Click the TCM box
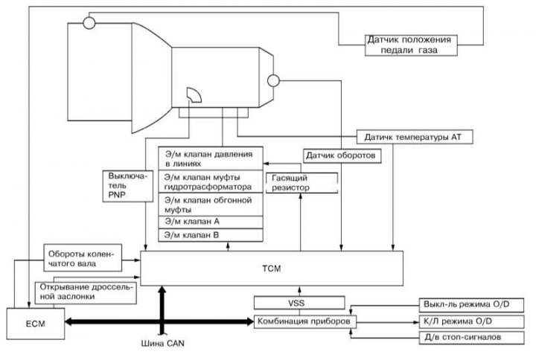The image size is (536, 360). (x=272, y=269)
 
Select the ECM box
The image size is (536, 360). (x=36, y=324)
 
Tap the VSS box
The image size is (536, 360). (x=299, y=303)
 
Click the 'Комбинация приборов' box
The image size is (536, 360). (x=305, y=321)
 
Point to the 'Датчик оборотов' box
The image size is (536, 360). (x=342, y=155)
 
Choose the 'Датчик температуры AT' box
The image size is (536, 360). (x=415, y=137)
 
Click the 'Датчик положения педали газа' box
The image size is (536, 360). (x=411, y=45)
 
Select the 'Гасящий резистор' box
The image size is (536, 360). (x=301, y=183)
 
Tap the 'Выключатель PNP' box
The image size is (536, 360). (x=128, y=186)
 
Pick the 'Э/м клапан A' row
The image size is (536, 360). (x=211, y=222)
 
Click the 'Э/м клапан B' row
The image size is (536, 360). (x=211, y=235)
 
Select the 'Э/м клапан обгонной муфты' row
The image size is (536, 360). (x=211, y=205)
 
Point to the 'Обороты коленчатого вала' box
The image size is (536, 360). (x=83, y=258)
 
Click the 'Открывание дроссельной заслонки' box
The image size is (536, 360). (x=86, y=292)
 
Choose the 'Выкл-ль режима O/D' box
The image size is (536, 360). (x=471, y=305)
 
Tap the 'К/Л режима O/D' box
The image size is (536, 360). (x=471, y=322)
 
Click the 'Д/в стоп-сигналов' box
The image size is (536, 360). (x=471, y=338)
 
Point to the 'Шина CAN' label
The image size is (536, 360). (x=163, y=343)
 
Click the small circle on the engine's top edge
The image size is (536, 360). (x=89, y=23)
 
